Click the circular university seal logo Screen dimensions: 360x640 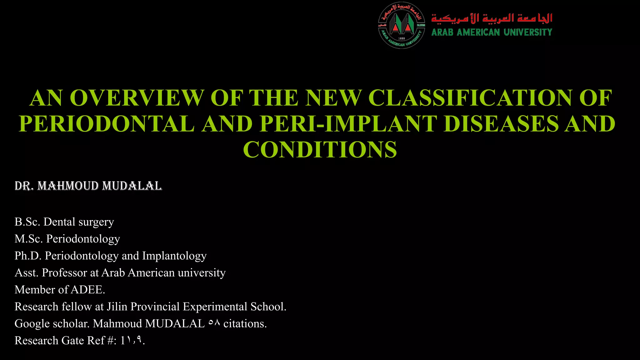pyautogui.click(x=402, y=25)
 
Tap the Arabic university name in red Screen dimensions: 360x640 pyautogui.click(x=492, y=18)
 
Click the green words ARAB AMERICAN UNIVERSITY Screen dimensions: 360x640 pyautogui.click(x=492, y=32)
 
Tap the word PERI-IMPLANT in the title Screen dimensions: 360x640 pyautogui.click(x=348, y=124)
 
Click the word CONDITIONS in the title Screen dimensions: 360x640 pyautogui.click(x=320, y=150)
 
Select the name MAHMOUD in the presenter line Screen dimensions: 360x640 pyautogui.click(x=68, y=186)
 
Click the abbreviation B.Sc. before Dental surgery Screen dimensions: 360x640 pyautogui.click(x=27, y=222)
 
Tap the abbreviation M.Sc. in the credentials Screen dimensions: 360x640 pyautogui.click(x=28, y=239)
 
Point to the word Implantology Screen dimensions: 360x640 pyautogui.click(x=174, y=256)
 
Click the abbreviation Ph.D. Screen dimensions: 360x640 pyautogui.click(x=28, y=256)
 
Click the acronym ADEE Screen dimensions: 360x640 pyautogui.click(x=88, y=290)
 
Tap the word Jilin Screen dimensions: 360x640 pyautogui.click(x=117, y=307)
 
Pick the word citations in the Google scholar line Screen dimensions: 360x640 pyautogui.click(x=245, y=323)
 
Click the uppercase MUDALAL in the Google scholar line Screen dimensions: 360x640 pyautogui.click(x=175, y=323)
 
